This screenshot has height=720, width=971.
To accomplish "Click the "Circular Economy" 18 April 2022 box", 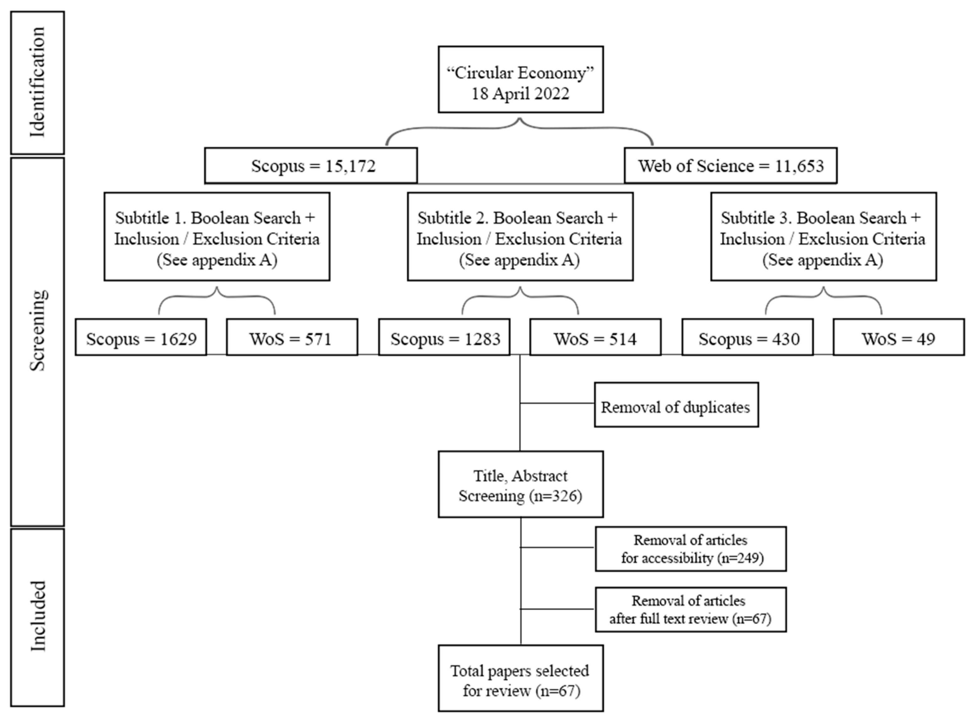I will tap(520, 79).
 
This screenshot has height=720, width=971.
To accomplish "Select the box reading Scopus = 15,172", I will tap(311, 165).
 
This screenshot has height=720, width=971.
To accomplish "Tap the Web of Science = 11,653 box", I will tap(730, 165).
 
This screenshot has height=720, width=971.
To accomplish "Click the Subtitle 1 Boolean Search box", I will tap(217, 237).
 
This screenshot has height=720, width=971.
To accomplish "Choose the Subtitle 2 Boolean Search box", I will tap(520, 237).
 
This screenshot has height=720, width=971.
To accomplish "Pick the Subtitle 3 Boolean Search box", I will tap(823, 237).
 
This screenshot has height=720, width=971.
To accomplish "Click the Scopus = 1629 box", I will tap(141, 337).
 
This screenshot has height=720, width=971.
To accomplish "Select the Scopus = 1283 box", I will tap(444, 337).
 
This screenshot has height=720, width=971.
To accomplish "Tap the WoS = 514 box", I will tap(595, 337).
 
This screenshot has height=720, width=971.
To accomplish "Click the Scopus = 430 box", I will tap(747, 337).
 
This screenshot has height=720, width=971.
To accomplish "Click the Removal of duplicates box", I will tap(676, 405).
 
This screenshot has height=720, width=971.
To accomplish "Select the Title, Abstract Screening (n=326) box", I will tap(520, 484).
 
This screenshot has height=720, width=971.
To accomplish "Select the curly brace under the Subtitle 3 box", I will tap(823, 299).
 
